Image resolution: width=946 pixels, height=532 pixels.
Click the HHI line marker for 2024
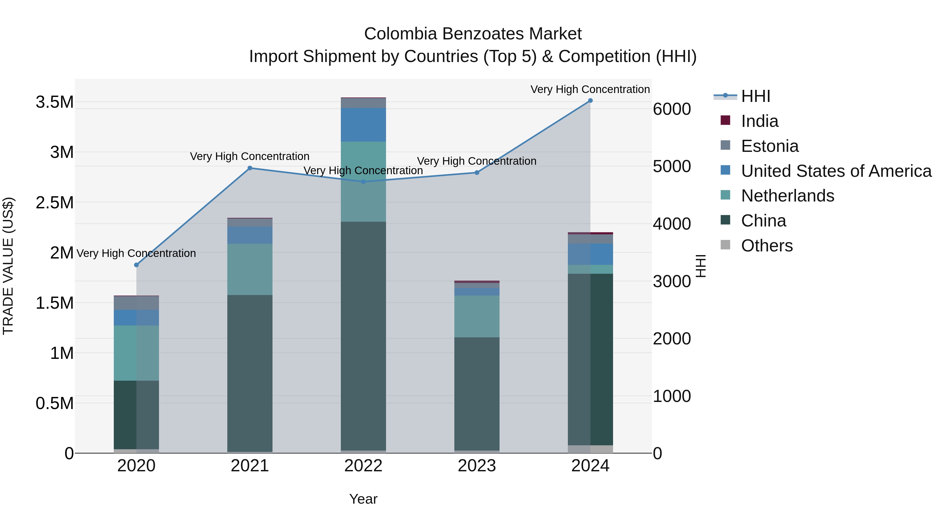(590, 101)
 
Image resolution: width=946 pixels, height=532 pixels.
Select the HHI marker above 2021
(250, 168)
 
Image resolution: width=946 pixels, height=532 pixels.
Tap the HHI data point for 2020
(136, 265)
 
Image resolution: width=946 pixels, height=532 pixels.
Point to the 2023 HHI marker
(477, 173)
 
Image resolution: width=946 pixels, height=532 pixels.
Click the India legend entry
(759, 121)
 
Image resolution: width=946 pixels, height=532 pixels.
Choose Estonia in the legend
(769, 146)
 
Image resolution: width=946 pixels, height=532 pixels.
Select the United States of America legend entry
(836, 171)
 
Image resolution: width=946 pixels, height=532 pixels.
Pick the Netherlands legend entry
(787, 196)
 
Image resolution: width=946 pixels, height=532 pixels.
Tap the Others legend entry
(767, 246)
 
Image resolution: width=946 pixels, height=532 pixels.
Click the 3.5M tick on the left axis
(55, 102)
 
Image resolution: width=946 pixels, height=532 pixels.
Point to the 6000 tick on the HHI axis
(672, 109)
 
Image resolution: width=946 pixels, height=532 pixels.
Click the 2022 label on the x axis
(363, 466)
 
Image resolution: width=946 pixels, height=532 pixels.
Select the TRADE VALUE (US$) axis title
(8, 266)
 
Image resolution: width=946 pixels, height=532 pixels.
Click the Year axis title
(363, 499)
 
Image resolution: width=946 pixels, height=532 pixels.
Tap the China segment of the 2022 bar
(363, 336)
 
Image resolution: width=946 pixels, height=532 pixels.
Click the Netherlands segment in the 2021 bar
(250, 269)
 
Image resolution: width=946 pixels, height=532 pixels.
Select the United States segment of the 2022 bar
(363, 125)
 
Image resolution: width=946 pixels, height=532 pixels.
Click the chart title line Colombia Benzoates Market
(473, 34)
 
